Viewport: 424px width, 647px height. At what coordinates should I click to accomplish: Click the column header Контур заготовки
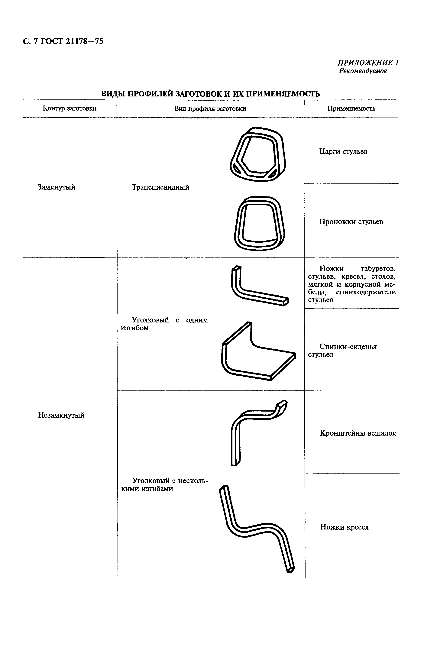pyautogui.click(x=70, y=108)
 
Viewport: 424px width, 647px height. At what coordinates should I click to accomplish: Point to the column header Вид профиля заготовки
pyautogui.click(x=210, y=109)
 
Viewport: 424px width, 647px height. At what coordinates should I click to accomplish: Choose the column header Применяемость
pyautogui.click(x=351, y=108)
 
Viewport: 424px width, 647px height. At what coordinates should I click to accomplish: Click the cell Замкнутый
pyautogui.click(x=57, y=187)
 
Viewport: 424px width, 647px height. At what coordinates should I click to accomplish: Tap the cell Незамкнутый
pyautogui.click(x=61, y=415)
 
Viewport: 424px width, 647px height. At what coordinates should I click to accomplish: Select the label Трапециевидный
pyautogui.click(x=160, y=187)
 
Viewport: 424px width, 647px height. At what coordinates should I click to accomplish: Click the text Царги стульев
pyautogui.click(x=343, y=151)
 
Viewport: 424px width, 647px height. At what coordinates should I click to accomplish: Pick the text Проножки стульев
pyautogui.click(x=351, y=222)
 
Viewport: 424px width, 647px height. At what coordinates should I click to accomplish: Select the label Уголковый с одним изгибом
pyautogui.click(x=164, y=324)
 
